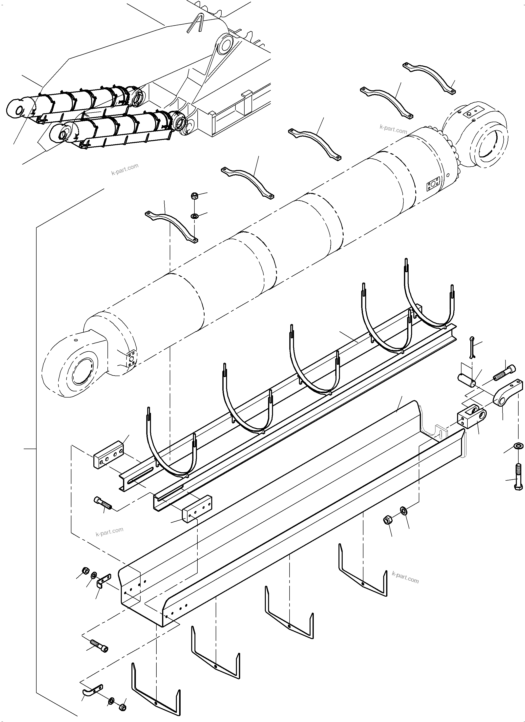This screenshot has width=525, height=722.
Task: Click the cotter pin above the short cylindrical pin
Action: coord(472,346)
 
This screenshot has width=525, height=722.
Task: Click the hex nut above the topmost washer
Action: coord(193,196)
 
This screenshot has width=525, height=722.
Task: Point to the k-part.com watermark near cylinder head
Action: coord(393,129)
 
